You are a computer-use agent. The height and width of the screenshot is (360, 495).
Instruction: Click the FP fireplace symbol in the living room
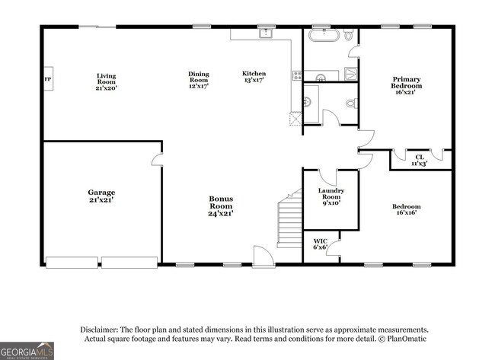pyautogui.click(x=47, y=79)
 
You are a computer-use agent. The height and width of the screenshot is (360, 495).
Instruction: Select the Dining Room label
pyautogui.click(x=198, y=80)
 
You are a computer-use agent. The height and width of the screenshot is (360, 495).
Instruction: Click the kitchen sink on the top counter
pyautogui.click(x=265, y=33)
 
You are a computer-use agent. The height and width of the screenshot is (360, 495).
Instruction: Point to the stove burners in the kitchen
pyautogui.click(x=296, y=75)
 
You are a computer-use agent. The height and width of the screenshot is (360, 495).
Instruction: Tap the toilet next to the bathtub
pyautogui.click(x=348, y=35)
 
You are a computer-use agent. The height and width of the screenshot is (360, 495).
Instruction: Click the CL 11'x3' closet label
pyautogui.click(x=420, y=160)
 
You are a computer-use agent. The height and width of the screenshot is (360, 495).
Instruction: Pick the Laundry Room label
pyautogui.click(x=331, y=196)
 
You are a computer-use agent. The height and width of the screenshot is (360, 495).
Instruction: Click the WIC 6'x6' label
pyautogui.click(x=320, y=244)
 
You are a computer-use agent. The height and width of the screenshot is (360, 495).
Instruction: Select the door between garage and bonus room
pyautogui.click(x=158, y=159)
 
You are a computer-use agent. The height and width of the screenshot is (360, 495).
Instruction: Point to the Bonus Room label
pyautogui.click(x=221, y=206)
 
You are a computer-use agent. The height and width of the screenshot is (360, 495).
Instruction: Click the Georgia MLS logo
pyautogui.click(x=27, y=350)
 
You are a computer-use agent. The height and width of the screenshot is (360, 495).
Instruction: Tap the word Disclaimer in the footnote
pyautogui.click(x=99, y=330)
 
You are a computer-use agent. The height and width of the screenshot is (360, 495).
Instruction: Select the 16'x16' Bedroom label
pyautogui.click(x=406, y=210)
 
